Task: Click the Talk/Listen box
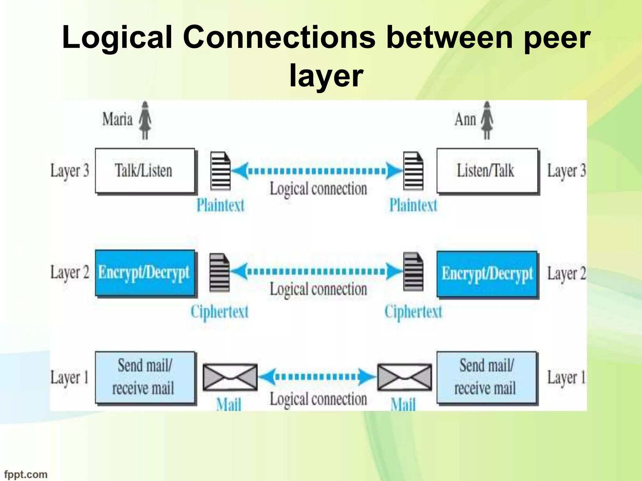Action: point(145,171)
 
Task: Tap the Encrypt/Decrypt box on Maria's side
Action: point(145,273)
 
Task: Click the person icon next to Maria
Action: point(145,120)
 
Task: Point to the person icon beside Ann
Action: point(487,120)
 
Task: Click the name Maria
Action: point(118,120)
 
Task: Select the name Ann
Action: point(465,120)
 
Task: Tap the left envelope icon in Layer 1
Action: point(230,377)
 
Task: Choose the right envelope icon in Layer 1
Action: point(404,377)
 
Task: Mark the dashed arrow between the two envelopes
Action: point(317,376)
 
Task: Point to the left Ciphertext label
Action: point(219,312)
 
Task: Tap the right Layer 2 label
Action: point(566,273)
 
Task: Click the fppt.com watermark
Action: point(26,474)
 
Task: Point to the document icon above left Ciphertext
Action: point(219,272)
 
